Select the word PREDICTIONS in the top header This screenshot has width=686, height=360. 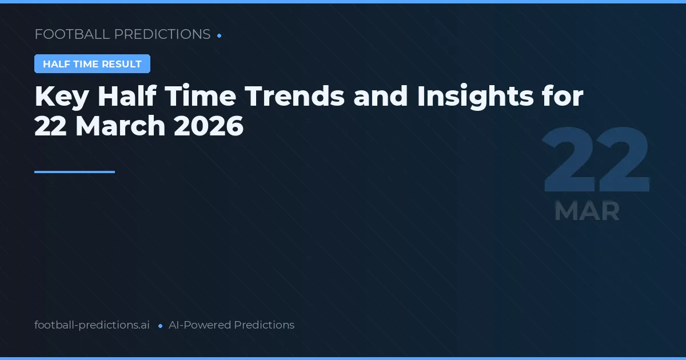[162, 34]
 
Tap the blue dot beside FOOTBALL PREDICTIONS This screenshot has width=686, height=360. [220, 35]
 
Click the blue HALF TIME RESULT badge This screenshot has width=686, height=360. [92, 64]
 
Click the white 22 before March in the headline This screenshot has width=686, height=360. [50, 126]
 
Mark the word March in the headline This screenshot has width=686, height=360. [120, 126]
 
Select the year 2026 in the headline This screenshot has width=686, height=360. [209, 126]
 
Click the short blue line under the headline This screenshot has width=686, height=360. [74, 171]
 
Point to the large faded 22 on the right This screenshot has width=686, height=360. [596, 161]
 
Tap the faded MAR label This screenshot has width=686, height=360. [587, 211]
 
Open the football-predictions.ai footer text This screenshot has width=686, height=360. [92, 325]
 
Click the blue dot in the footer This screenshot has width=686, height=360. [161, 326]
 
